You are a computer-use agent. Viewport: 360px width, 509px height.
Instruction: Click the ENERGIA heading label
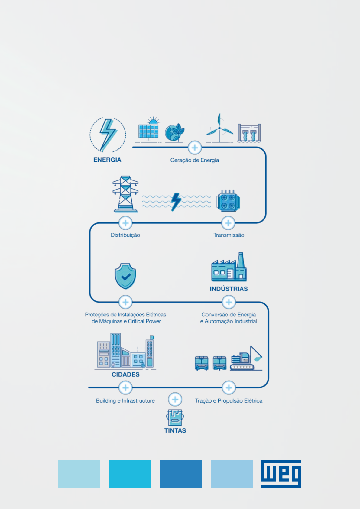tap(107, 160)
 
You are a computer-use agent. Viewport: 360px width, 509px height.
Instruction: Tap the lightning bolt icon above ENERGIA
tap(108, 135)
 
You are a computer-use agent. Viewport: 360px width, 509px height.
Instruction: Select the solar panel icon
tap(148, 130)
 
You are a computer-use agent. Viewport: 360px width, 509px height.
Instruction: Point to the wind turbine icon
tap(219, 128)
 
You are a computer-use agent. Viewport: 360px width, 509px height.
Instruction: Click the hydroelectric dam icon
tap(249, 133)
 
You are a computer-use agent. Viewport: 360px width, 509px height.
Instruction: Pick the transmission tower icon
tap(125, 194)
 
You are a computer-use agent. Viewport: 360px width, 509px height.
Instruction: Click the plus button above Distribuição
tap(125, 223)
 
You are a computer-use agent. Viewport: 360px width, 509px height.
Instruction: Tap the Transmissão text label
tap(229, 235)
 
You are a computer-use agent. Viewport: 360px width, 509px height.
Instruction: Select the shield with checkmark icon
tap(125, 276)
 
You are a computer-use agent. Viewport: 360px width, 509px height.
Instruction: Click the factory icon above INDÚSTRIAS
tap(229, 267)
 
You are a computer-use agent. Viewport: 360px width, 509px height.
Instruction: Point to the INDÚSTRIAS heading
tap(229, 289)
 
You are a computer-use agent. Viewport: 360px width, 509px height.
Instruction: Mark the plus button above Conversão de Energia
tap(229, 302)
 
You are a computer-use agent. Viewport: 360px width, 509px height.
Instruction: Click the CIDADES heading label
tap(125, 374)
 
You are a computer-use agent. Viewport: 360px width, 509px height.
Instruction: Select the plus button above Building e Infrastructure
tap(125, 387)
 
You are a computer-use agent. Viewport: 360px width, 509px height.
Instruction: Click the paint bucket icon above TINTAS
tap(175, 417)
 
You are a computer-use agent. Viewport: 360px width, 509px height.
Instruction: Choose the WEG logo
tap(281, 474)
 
